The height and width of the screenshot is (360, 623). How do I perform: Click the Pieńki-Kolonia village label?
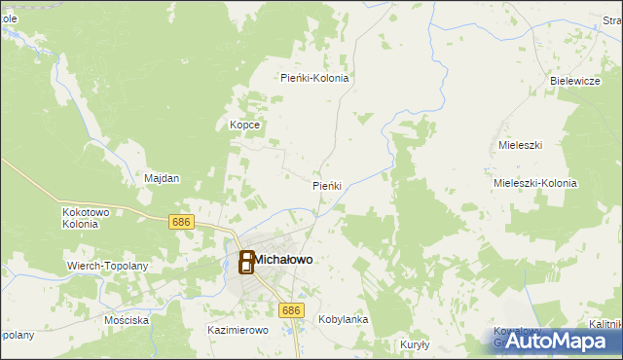click(314, 78)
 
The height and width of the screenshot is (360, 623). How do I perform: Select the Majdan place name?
click(162, 179)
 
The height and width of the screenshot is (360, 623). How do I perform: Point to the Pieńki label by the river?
click(326, 185)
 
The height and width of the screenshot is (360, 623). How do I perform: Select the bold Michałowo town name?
click(284, 259)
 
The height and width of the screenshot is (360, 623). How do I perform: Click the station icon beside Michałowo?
click(246, 262)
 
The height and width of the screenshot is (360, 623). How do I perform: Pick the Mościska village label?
click(128, 319)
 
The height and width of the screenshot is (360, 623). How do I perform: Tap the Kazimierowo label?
click(238, 331)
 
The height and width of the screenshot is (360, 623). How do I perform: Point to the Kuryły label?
click(415, 344)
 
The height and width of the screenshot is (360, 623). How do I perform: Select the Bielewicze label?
click(574, 81)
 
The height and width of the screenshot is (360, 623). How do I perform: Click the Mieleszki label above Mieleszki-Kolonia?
click(519, 144)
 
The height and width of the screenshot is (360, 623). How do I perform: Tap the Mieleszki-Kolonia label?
click(535, 183)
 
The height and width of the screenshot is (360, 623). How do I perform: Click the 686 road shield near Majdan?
click(180, 222)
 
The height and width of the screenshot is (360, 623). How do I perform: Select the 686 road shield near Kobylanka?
click(290, 309)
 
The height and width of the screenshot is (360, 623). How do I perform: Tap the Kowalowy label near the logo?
click(516, 330)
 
